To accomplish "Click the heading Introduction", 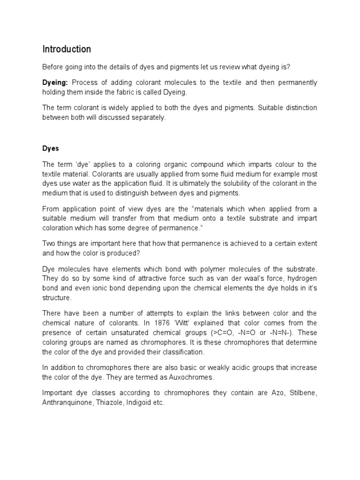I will point(67,49).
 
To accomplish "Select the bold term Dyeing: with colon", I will point(56,82).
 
